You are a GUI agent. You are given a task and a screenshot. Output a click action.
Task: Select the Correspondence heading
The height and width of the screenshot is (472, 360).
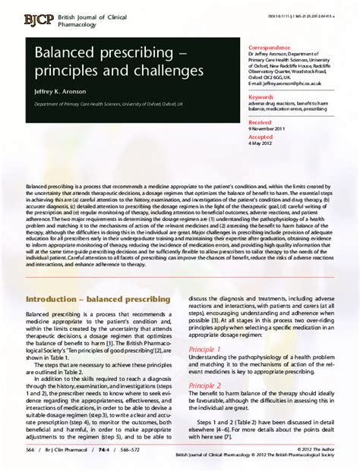272,46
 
